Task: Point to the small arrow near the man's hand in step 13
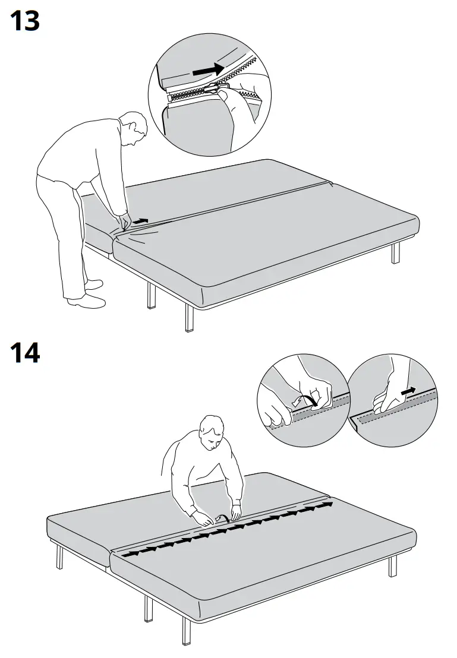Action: pos(140,221)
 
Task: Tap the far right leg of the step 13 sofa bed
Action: pos(396,252)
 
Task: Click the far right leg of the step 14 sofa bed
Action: pos(392,566)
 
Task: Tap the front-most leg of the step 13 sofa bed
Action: pos(190,318)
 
